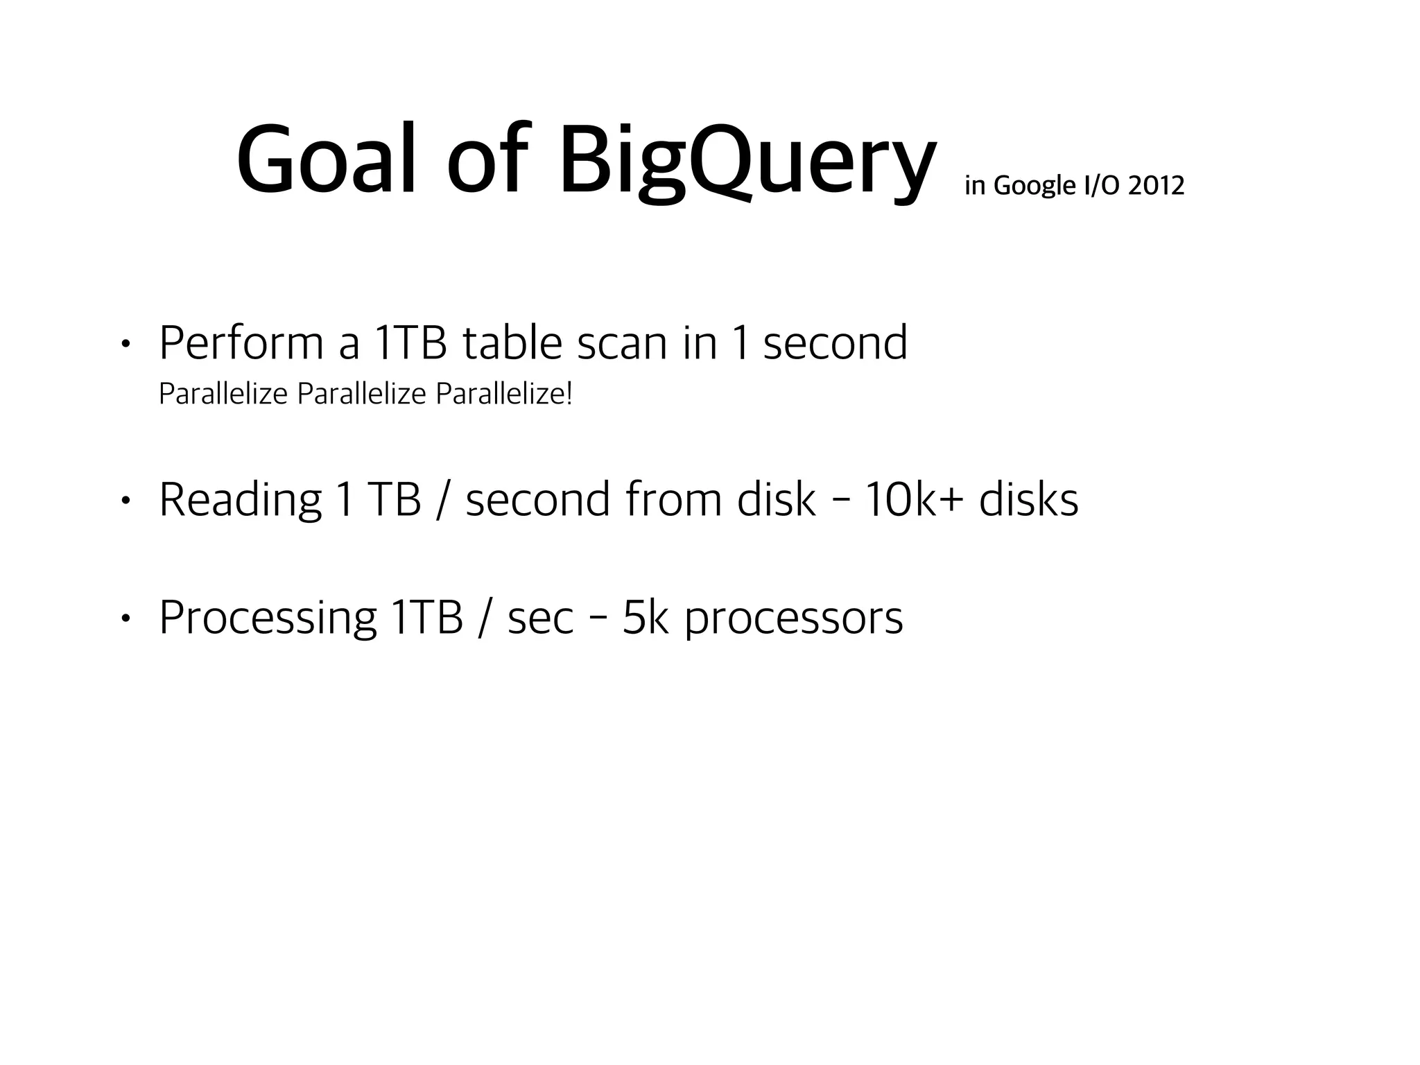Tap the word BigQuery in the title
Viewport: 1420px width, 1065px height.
click(747, 163)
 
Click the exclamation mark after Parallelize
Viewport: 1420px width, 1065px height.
click(569, 394)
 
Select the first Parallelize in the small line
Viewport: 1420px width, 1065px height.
click(223, 394)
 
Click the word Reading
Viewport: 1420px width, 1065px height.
click(240, 501)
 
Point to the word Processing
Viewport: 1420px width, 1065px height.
click(268, 618)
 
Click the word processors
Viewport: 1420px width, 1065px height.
click(794, 618)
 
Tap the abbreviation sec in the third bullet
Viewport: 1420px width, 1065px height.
click(540, 618)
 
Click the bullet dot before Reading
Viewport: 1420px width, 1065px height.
click(125, 501)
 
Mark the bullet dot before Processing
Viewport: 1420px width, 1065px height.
click(125, 618)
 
